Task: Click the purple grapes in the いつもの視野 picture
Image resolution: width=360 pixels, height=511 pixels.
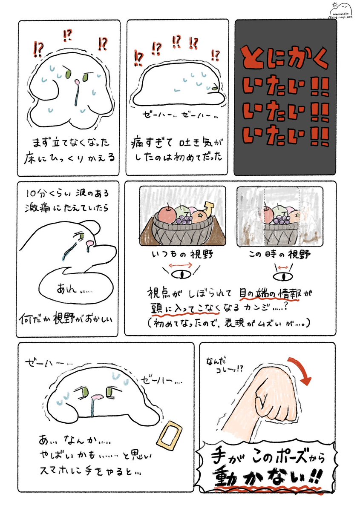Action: coord(185,220)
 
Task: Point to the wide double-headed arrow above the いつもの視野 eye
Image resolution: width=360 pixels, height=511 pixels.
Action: coord(182,264)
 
